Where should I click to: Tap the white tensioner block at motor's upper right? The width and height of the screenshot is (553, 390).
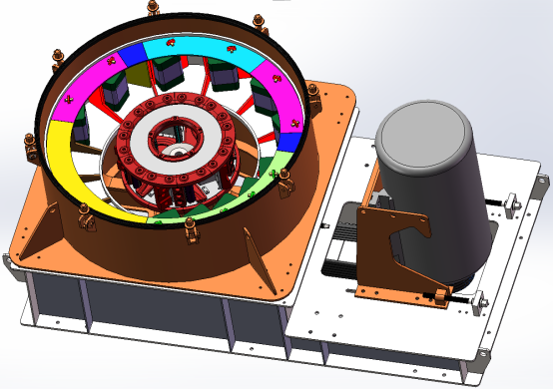point(513,203)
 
